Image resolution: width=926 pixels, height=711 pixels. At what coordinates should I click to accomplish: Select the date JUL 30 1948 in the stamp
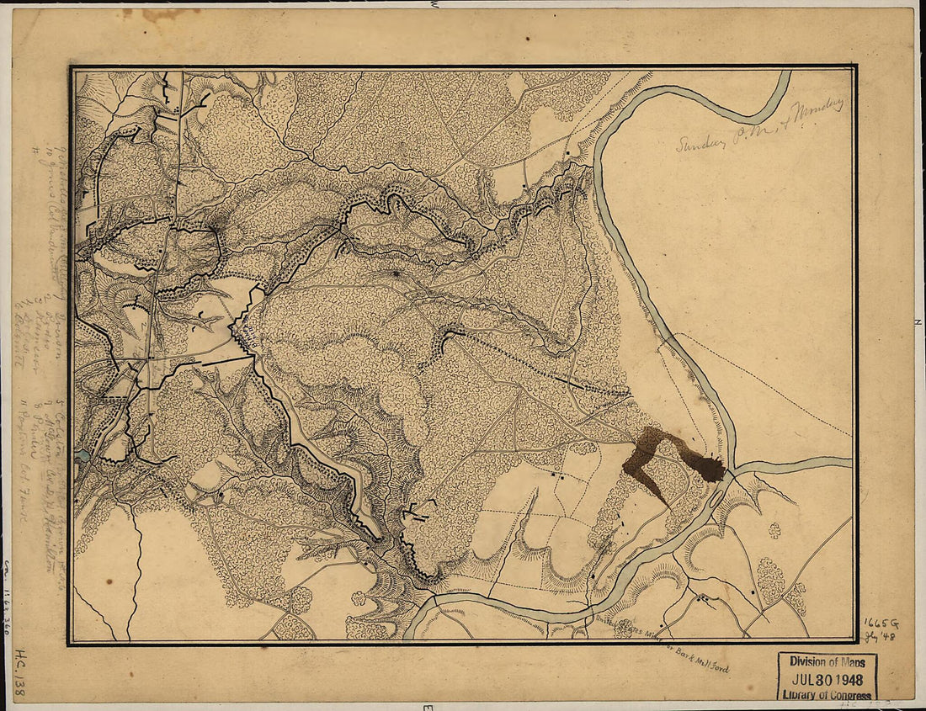(x=828, y=677)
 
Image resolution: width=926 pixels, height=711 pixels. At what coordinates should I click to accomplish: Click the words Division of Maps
(x=828, y=661)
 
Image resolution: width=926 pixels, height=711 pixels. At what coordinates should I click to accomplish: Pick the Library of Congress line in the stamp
(x=828, y=693)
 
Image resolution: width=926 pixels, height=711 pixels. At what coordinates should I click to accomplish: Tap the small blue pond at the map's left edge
(x=82, y=457)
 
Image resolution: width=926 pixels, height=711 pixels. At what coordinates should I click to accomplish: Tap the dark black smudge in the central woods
(x=395, y=274)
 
